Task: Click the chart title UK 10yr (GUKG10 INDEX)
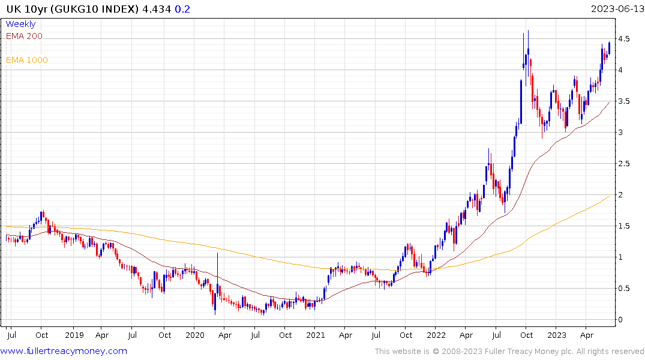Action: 70,9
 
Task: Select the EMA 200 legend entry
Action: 24,36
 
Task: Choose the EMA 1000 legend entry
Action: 27,60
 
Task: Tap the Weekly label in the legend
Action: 20,24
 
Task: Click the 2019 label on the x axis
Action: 74,335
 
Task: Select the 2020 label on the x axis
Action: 195,335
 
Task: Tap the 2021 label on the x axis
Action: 316,335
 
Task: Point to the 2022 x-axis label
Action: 436,335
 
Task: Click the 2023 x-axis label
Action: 557,335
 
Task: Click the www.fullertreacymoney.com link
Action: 64,351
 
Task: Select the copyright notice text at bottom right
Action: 509,351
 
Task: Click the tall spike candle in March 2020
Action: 217,282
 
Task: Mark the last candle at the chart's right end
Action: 610,47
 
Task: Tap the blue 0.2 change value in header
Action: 181,9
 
